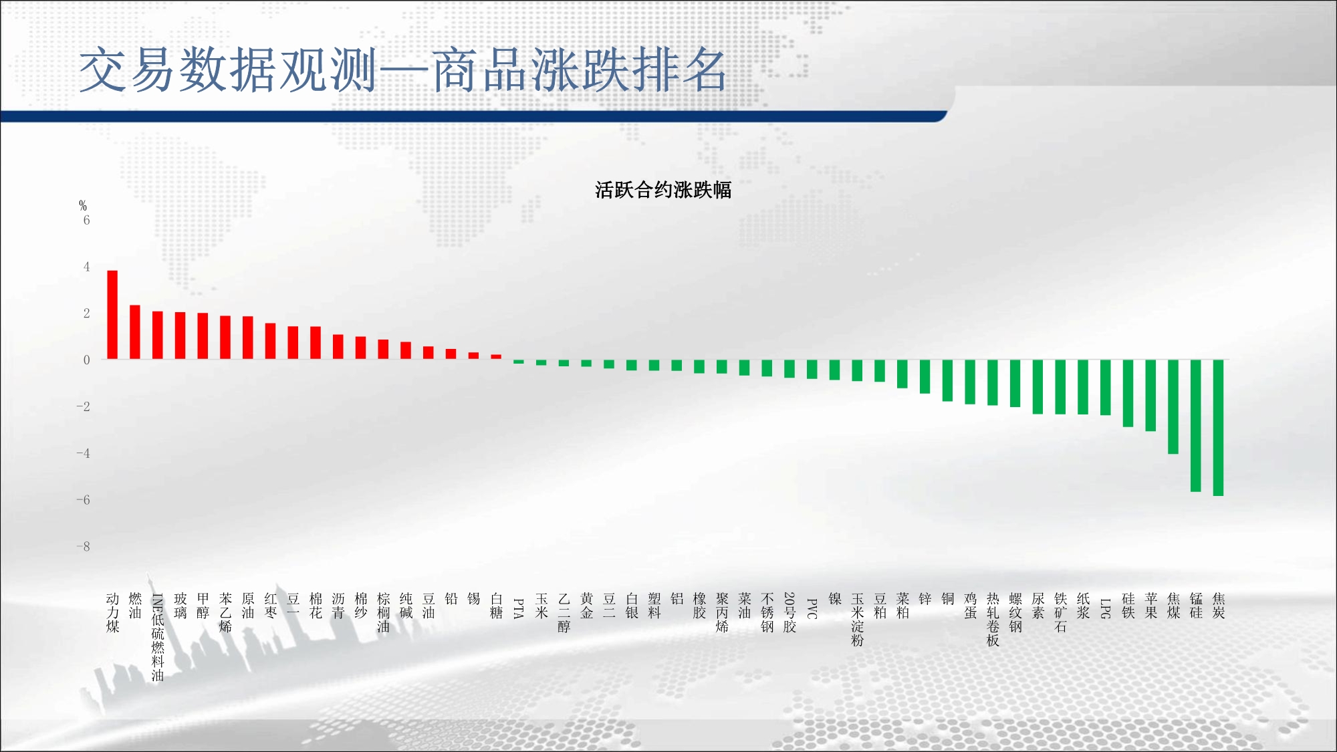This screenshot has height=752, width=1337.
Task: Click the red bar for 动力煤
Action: (112, 315)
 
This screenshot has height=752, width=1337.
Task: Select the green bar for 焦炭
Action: (1218, 428)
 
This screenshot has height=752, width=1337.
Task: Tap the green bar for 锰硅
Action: (1195, 426)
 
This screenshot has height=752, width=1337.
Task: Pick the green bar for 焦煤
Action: (1173, 407)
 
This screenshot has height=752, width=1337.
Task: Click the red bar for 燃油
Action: (135, 332)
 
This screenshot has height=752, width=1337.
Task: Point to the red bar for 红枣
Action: (270, 342)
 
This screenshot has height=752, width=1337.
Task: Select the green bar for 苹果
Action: (1150, 396)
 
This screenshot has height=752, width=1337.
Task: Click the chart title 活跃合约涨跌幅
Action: (663, 191)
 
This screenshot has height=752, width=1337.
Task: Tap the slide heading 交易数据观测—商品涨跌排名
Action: (402, 70)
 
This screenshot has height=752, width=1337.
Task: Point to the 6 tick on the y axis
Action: (86, 220)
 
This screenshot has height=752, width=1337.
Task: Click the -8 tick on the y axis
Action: (83, 546)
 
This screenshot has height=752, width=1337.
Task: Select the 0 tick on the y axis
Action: (86, 360)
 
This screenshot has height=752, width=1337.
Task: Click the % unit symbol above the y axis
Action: (83, 205)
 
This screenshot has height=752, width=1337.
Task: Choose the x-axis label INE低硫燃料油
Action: (158, 637)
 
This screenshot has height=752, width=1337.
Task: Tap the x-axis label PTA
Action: (519, 608)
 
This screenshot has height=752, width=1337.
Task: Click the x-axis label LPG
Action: (1106, 608)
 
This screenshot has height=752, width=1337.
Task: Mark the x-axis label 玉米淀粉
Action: (857, 620)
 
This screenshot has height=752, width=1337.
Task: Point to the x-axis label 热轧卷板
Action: (993, 620)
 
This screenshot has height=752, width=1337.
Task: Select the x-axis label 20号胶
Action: (789, 612)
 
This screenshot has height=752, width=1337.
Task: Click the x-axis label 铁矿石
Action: (1060, 612)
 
